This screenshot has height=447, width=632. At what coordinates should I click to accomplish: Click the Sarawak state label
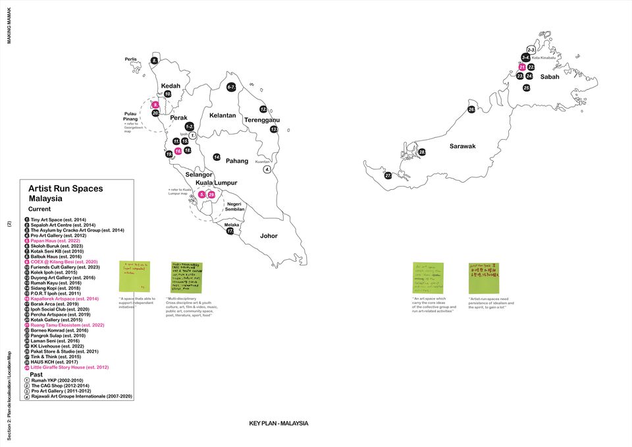click(462, 146)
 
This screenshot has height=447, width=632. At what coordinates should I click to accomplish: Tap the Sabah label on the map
click(550, 77)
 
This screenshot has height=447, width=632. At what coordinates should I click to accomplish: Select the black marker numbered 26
click(471, 109)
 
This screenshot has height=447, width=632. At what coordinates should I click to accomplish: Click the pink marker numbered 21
click(522, 67)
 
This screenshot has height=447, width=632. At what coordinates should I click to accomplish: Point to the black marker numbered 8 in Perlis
click(155, 61)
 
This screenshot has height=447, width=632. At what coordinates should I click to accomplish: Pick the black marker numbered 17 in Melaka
click(230, 231)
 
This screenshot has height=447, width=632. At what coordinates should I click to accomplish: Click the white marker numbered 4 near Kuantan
click(267, 169)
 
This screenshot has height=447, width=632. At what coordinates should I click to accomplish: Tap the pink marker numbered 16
click(178, 151)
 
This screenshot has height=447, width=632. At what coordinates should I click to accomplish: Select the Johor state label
click(269, 235)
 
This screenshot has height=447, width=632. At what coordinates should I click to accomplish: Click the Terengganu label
click(262, 120)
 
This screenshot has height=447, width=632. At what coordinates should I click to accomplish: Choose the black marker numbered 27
click(388, 175)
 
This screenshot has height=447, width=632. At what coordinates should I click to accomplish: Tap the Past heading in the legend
click(36, 374)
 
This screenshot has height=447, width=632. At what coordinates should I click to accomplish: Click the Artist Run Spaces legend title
click(65, 189)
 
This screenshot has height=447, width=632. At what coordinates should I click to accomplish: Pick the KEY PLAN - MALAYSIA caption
click(278, 423)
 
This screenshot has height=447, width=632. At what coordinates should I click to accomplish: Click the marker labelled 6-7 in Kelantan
click(231, 87)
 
